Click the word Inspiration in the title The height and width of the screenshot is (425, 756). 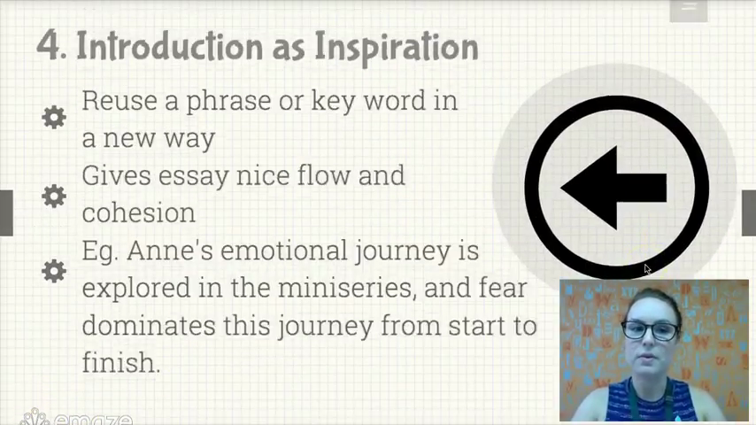click(x=397, y=48)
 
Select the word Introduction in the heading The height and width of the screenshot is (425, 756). click(x=170, y=46)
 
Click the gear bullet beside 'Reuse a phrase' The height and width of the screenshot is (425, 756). click(x=53, y=117)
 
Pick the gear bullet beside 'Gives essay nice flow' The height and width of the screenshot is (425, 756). click(x=53, y=197)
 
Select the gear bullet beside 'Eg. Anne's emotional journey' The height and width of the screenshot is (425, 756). click(x=53, y=271)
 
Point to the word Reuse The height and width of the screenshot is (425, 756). click(x=120, y=101)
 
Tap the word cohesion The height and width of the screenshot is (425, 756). click(x=139, y=212)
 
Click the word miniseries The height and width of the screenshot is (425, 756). click(x=347, y=288)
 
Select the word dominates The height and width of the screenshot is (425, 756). click(x=149, y=325)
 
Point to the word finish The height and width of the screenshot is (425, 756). click(x=120, y=362)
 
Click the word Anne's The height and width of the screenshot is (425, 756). click(x=170, y=251)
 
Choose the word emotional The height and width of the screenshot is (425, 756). click(x=283, y=251)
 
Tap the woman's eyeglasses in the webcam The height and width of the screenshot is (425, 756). click(x=650, y=330)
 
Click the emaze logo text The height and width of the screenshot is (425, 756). click(x=93, y=419)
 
